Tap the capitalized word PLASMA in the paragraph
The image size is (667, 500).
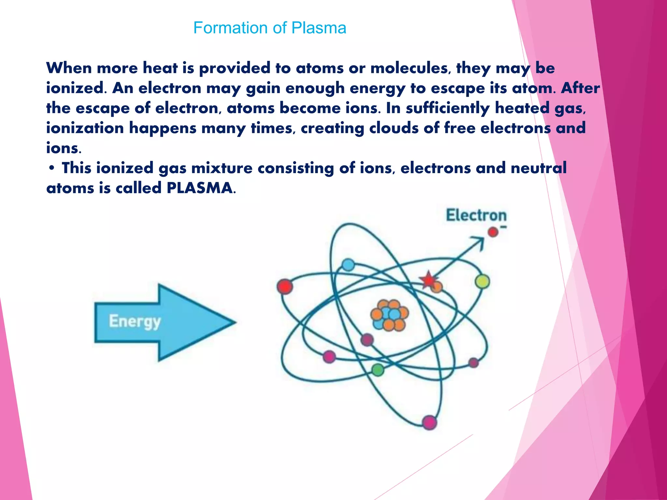(x=200, y=188)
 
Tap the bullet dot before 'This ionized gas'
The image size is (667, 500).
(x=51, y=168)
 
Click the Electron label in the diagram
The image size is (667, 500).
(x=476, y=215)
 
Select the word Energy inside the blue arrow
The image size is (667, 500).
(x=135, y=322)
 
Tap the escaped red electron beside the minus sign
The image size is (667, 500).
(x=493, y=232)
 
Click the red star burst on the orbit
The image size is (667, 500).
(x=428, y=280)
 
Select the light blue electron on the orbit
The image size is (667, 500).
(x=348, y=265)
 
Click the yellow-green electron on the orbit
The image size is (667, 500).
(x=482, y=281)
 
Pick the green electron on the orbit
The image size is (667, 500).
(x=378, y=369)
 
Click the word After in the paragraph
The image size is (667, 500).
(x=580, y=88)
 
